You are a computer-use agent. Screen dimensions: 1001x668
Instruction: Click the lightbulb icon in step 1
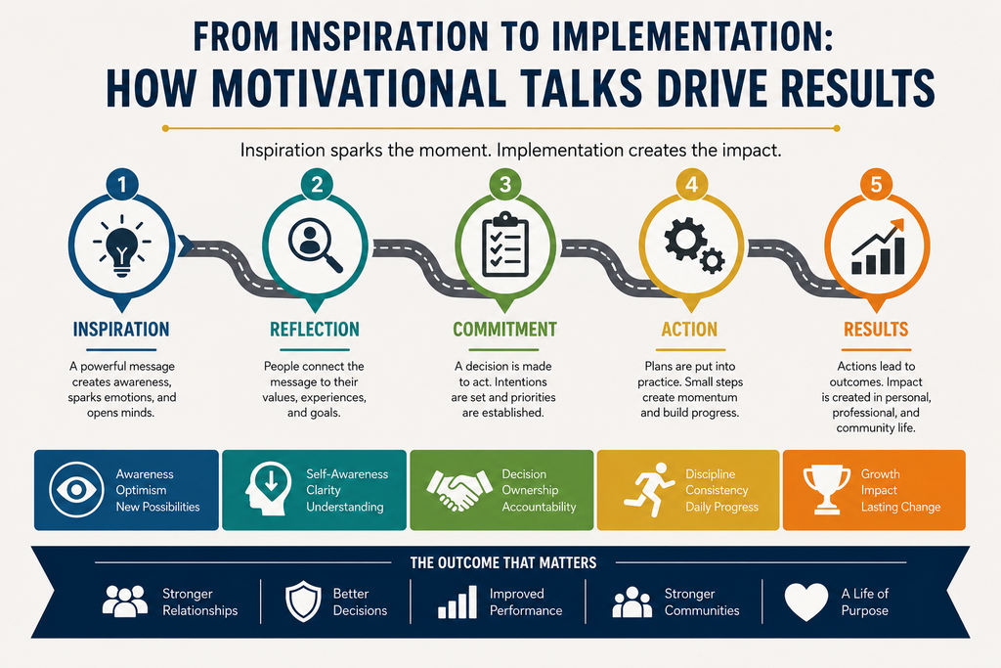[x=122, y=245]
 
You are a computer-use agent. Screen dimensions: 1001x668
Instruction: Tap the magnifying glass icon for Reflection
[x=315, y=245]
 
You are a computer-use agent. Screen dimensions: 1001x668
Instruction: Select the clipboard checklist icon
[x=505, y=245]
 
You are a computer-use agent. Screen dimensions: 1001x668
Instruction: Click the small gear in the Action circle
[x=712, y=260]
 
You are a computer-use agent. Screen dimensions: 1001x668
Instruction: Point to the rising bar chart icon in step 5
[x=878, y=247]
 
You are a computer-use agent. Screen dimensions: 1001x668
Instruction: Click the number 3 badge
[x=505, y=185]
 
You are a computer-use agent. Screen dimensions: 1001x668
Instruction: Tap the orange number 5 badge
[x=876, y=185]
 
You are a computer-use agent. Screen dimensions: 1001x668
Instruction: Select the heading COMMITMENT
[x=505, y=330]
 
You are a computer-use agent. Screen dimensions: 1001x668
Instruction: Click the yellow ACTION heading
[x=689, y=330]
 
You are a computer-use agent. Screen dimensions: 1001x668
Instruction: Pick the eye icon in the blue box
[x=76, y=490]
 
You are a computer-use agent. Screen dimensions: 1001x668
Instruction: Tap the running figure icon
[x=649, y=490]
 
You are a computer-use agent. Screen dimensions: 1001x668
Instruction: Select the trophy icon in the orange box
[x=827, y=490]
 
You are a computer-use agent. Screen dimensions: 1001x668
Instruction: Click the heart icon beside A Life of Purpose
[x=806, y=601]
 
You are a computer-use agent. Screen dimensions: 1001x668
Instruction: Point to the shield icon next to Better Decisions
[x=303, y=601]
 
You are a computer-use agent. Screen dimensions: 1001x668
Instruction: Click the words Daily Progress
[x=722, y=507]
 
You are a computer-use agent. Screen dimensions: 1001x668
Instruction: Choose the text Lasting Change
[x=900, y=507]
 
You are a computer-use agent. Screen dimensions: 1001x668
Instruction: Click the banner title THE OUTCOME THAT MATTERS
[x=503, y=562]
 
